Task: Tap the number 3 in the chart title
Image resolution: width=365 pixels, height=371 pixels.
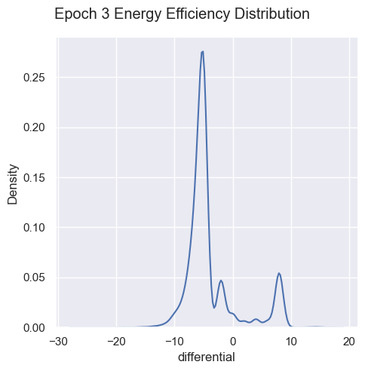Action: (x=106, y=14)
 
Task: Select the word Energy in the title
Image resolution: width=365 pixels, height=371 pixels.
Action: (x=137, y=15)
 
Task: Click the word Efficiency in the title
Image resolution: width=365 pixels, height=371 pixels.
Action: (x=198, y=15)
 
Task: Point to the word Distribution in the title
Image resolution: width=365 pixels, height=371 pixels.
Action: (x=272, y=14)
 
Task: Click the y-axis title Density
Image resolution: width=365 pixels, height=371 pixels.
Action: (x=13, y=184)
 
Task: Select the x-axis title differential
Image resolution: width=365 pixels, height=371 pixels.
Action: (x=207, y=357)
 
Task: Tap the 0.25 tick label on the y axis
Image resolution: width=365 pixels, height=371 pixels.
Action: (x=34, y=78)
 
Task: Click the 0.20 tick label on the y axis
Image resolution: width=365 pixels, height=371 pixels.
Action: (x=34, y=127)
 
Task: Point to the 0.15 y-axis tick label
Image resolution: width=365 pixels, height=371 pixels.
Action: (x=34, y=178)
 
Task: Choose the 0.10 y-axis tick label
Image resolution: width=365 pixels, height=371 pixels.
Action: (x=34, y=228)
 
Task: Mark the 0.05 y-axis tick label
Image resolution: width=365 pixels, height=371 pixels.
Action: (x=34, y=277)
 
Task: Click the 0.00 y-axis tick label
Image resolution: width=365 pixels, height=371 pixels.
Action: (x=34, y=328)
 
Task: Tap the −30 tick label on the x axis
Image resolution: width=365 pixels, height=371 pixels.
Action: (x=58, y=342)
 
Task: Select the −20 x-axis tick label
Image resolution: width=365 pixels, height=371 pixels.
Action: (x=116, y=342)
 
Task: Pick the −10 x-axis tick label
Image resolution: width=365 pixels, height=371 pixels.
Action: (x=175, y=342)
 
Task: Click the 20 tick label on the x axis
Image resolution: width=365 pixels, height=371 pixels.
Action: (x=350, y=342)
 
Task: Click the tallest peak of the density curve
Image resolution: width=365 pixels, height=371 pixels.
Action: (x=202, y=51)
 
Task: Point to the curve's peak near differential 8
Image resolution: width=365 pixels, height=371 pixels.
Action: (x=279, y=273)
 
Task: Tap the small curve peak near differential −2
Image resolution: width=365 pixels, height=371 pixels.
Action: (x=221, y=281)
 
